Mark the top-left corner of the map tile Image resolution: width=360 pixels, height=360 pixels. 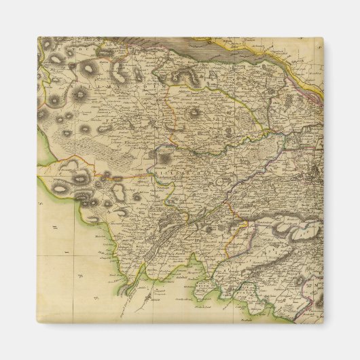click(x=37, y=37)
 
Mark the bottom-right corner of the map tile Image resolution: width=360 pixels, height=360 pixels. click(x=323, y=323)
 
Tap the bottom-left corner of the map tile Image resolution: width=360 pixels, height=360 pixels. click(x=37, y=323)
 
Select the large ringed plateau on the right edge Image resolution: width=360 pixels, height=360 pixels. click(x=299, y=234)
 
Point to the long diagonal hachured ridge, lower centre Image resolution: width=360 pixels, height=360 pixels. click(x=170, y=231)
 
